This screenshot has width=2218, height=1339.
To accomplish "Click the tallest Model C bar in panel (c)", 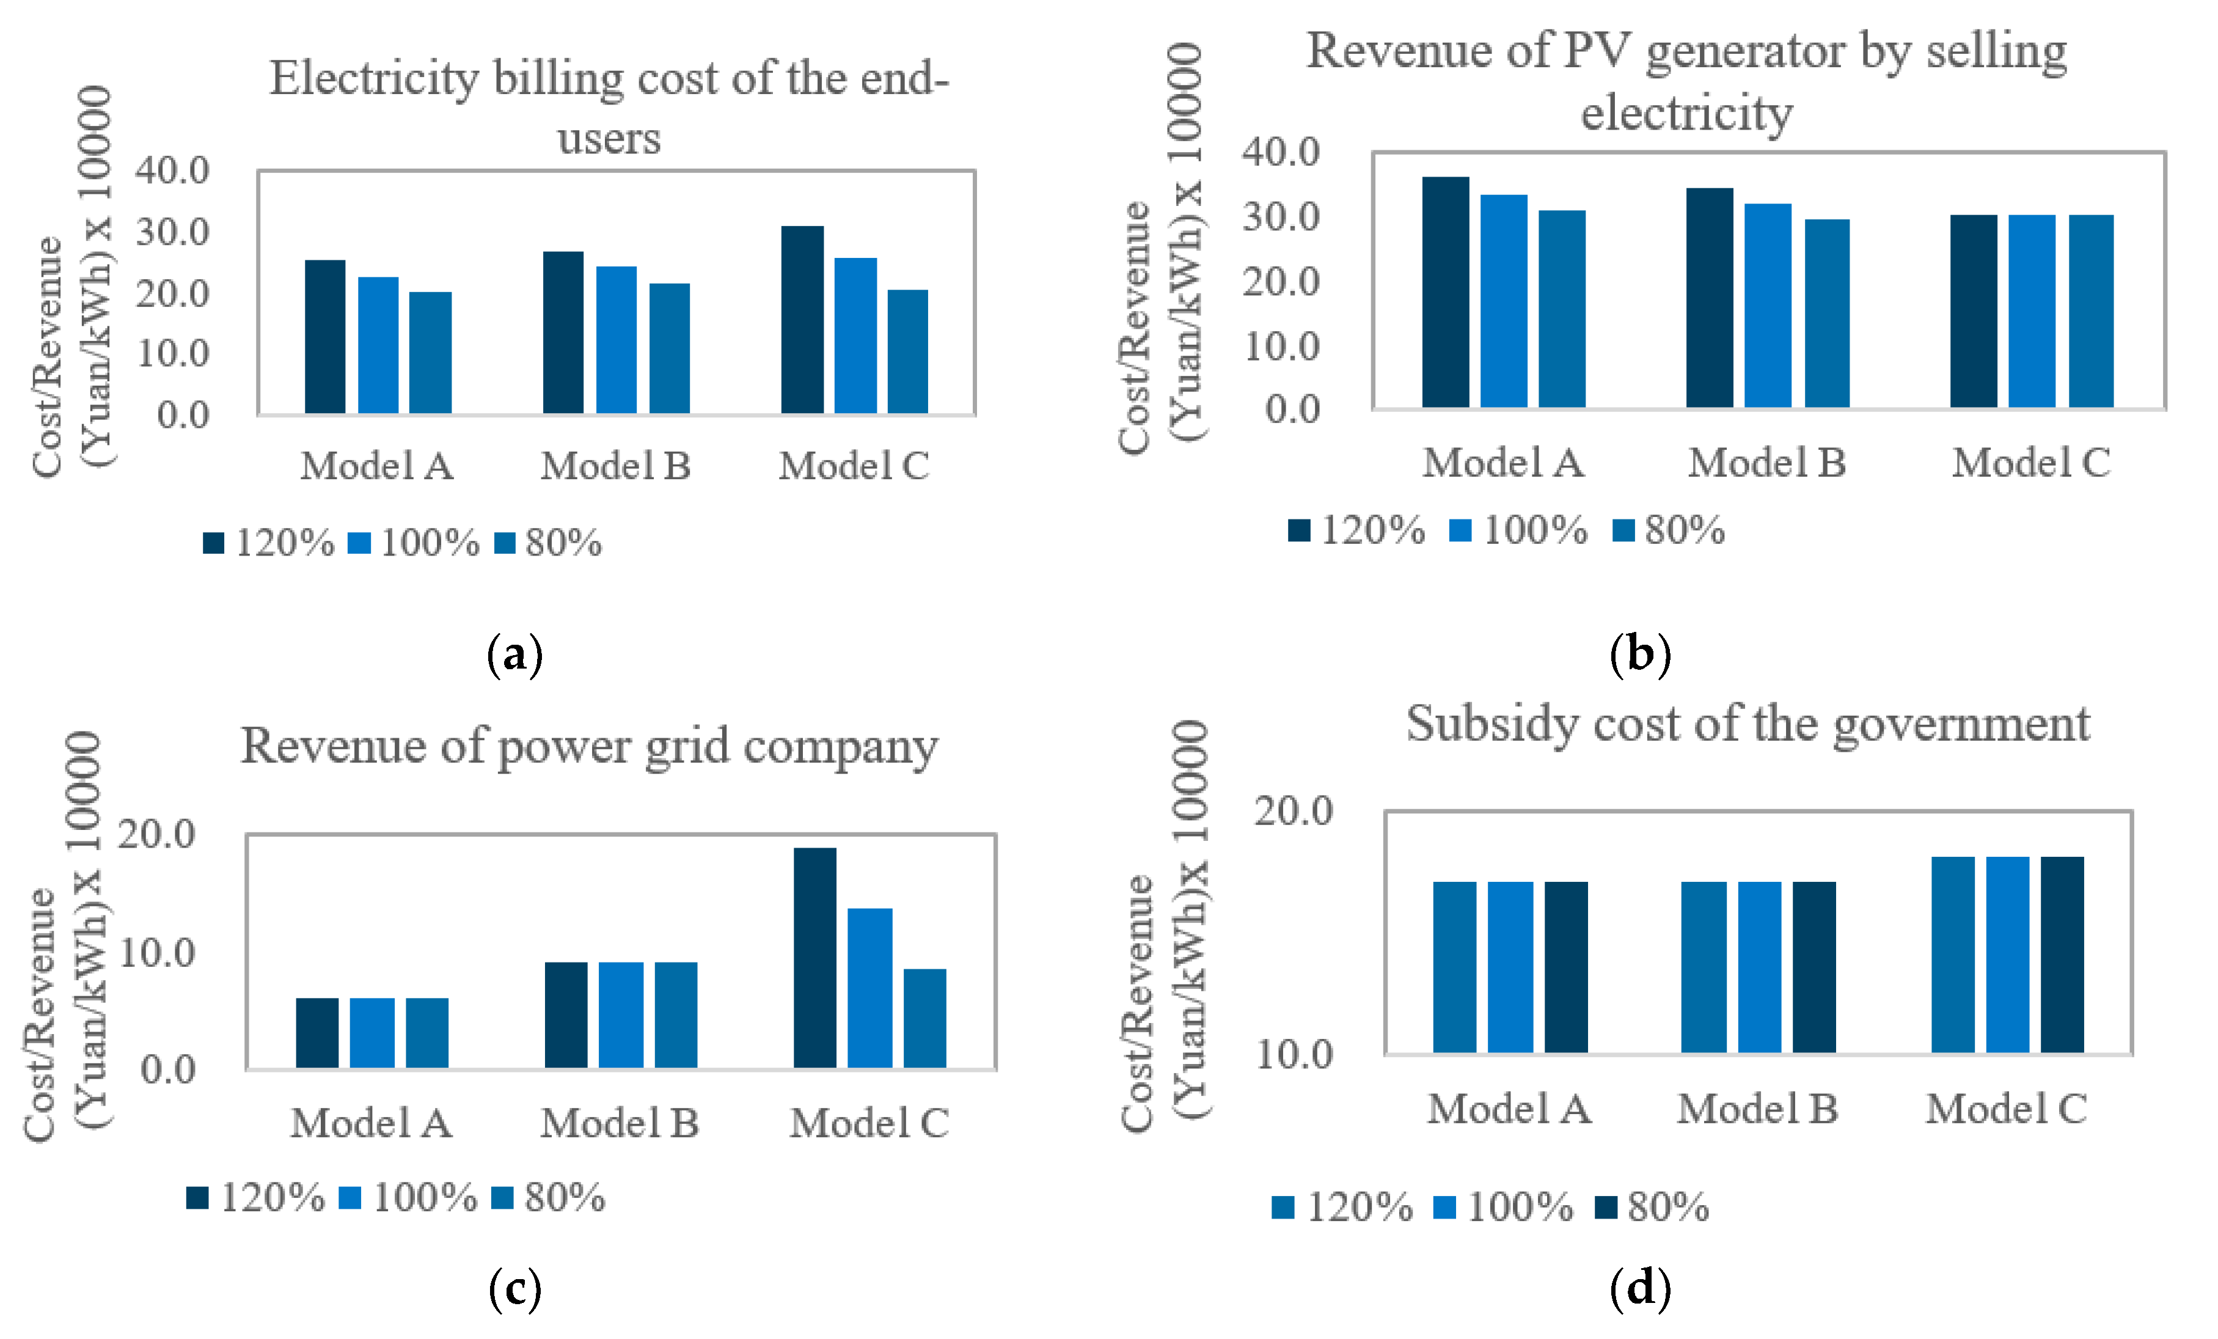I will tap(814, 956).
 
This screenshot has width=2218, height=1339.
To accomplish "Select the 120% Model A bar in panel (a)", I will tap(325, 336).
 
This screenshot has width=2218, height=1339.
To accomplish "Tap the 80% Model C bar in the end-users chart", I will tap(907, 351).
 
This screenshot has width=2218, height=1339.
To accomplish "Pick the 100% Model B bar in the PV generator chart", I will tap(1767, 305).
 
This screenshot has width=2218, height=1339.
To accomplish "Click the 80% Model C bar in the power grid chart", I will tap(924, 1018).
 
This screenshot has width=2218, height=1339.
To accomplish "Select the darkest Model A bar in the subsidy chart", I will tap(1565, 966).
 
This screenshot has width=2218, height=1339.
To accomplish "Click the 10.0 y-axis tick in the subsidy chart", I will tap(1294, 1054).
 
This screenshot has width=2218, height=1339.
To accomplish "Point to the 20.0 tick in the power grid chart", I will tap(156, 834).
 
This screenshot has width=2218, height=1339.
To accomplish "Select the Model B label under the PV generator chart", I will tap(1766, 463).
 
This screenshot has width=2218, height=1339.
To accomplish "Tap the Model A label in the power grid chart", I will tap(371, 1123).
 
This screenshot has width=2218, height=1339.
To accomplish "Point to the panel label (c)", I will tap(514, 1288).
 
